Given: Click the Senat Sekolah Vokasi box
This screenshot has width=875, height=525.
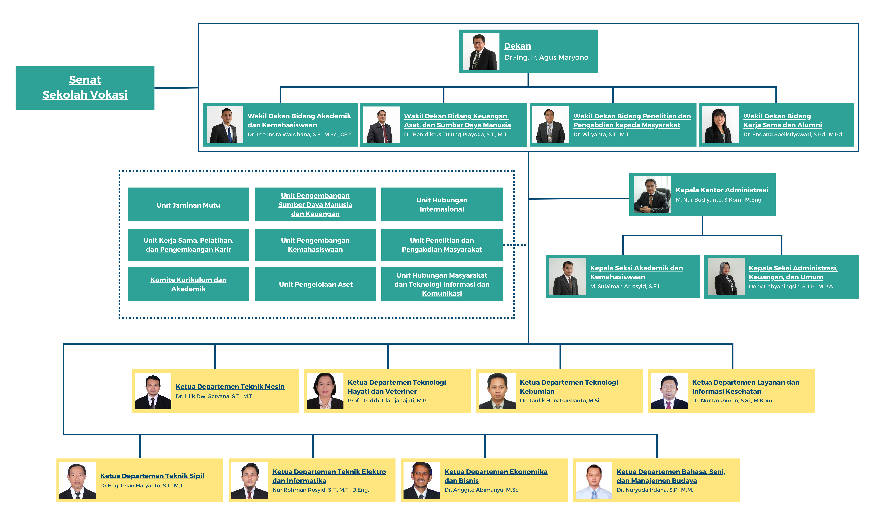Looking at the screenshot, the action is [85, 88].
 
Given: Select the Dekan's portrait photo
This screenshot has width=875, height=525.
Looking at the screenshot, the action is [481, 51].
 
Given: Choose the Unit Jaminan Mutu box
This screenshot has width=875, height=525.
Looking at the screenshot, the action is [188, 205].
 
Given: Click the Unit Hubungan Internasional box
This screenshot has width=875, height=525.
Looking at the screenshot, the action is [442, 205].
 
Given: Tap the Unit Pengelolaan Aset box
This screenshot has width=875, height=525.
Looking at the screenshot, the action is [315, 284].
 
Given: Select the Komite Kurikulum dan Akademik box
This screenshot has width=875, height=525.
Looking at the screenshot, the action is [188, 284].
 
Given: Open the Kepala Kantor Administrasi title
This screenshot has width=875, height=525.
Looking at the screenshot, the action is [721, 190].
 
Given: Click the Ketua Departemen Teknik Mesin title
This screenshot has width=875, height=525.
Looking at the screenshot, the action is [230, 387].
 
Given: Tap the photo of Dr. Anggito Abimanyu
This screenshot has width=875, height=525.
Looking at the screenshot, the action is [422, 480].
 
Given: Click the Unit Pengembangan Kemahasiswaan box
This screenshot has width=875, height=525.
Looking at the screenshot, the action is [315, 244].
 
